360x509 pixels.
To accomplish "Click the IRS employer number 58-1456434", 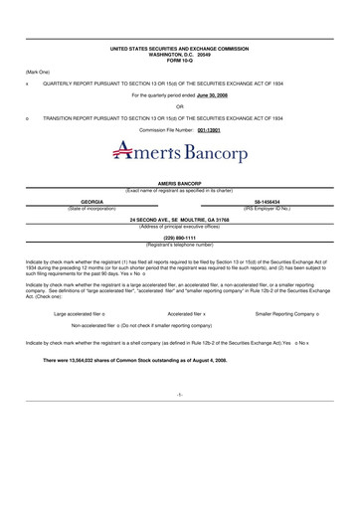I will click(269, 202).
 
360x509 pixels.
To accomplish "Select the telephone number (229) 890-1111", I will click(179, 239).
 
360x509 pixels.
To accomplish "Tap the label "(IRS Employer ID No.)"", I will click(269, 207).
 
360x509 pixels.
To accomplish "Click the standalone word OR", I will click(179, 106).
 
